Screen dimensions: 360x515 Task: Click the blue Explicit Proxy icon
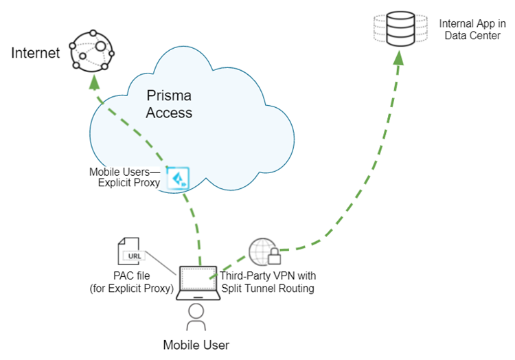(180, 177)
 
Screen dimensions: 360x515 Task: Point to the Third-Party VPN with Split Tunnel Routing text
(267, 282)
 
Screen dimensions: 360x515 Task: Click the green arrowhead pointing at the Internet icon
(95, 81)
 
